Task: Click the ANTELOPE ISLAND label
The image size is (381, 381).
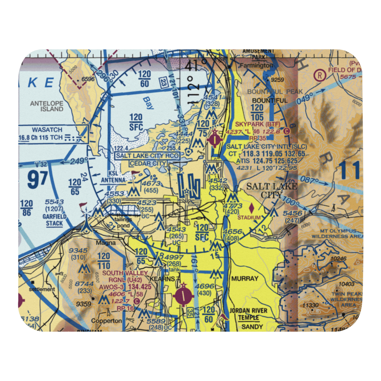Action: pyautogui.click(x=47, y=106)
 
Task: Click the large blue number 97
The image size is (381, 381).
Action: pyautogui.click(x=38, y=180)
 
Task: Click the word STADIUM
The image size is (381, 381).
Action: pyautogui.click(x=250, y=218)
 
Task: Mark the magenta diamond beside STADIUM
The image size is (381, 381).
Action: pyautogui.click(x=252, y=208)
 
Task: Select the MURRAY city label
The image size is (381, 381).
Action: pyautogui.click(x=244, y=279)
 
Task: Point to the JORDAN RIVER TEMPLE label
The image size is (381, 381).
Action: pyautogui.click(x=248, y=314)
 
